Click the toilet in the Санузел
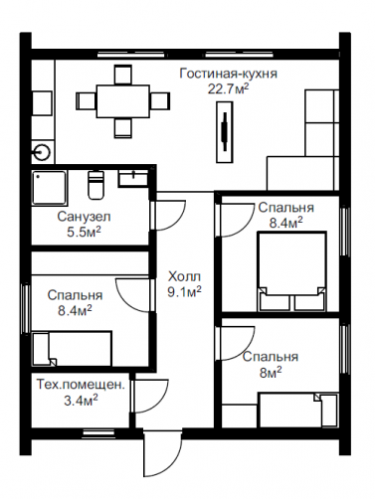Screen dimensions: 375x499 [x=96, y=185]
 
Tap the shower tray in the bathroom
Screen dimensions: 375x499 [x=50, y=188]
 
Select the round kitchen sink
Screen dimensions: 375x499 [x=43, y=153]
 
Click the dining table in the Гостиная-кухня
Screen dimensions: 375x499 [x=122, y=101]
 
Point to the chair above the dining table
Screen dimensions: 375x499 [x=123, y=75]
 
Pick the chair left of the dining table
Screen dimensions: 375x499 [x=87, y=101]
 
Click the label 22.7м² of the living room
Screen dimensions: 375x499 [x=229, y=88]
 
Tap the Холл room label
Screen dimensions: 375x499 [x=184, y=276]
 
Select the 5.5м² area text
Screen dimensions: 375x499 [x=84, y=232]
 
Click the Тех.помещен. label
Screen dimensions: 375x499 [x=81, y=385]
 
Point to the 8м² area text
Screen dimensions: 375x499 [x=271, y=373]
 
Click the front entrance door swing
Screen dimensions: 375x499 [x=162, y=457]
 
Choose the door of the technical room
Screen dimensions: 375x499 [x=151, y=396]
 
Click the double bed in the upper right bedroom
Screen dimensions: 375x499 [x=291, y=271]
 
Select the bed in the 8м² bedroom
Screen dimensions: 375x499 [x=298, y=410]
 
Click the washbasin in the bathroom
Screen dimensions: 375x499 [x=133, y=179]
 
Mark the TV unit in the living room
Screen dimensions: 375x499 [x=225, y=132]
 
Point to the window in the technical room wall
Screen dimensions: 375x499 [x=98, y=432]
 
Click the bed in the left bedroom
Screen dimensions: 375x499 [x=72, y=348]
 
